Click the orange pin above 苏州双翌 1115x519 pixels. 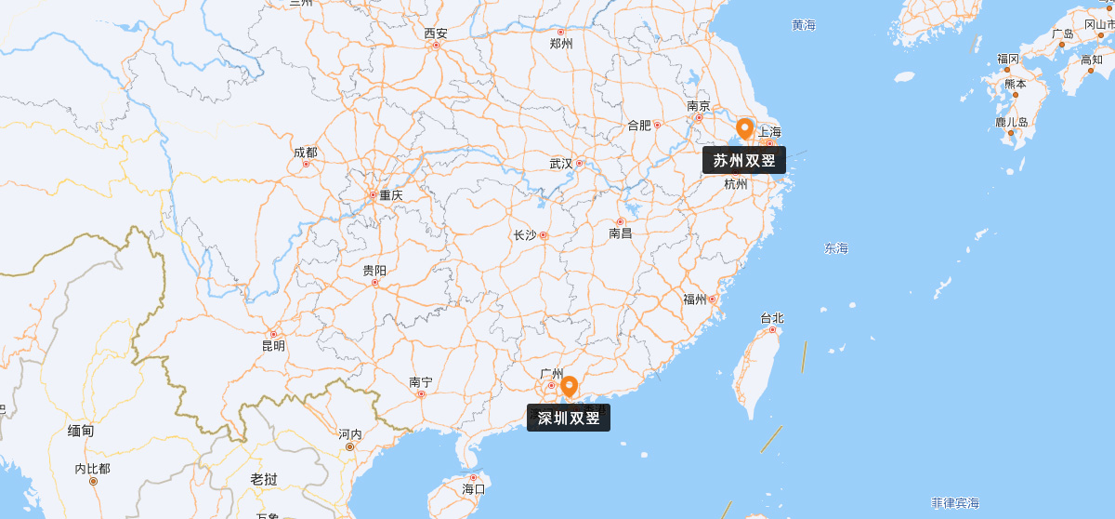(x=745, y=128)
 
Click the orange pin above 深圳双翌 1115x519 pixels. (x=570, y=386)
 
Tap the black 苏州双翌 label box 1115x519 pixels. (x=744, y=161)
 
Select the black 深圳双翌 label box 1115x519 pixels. (x=569, y=419)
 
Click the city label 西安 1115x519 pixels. (x=436, y=33)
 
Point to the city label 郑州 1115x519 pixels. (x=561, y=44)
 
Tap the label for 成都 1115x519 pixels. (x=305, y=153)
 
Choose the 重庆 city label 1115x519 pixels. (x=390, y=195)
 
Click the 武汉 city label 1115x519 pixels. (x=561, y=164)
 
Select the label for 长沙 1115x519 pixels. (x=525, y=235)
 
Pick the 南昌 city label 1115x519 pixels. (x=621, y=233)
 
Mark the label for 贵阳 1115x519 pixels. (x=374, y=271)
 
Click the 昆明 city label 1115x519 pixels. (x=273, y=346)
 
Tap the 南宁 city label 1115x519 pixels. (x=421, y=382)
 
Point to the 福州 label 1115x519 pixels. (x=695, y=299)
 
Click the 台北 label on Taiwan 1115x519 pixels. (x=772, y=318)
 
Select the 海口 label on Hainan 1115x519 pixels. (x=474, y=488)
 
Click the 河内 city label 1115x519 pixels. (x=350, y=434)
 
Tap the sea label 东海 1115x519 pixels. (x=836, y=248)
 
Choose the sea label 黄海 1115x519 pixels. (x=804, y=25)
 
